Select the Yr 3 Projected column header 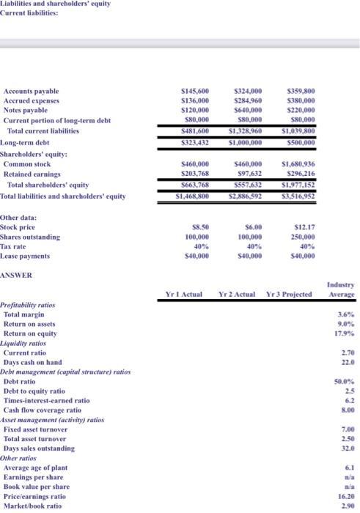pos(290,294)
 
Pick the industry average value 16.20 pos(344,495)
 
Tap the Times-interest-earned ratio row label pos(47,401)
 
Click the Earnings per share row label pos(37,476)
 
